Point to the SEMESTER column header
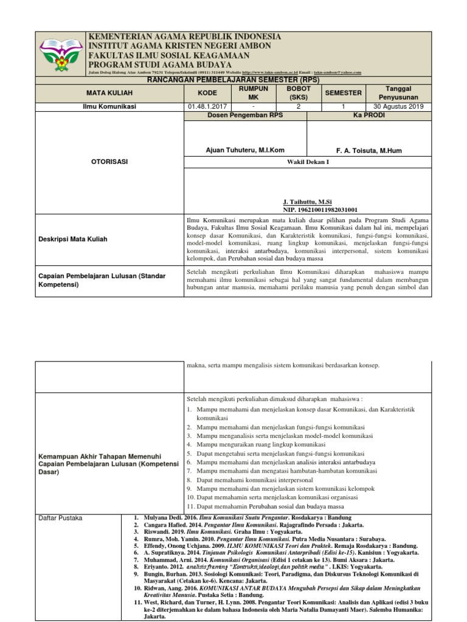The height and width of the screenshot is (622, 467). pyautogui.click(x=344, y=93)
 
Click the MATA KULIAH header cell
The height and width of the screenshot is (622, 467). pyautogui.click(x=109, y=93)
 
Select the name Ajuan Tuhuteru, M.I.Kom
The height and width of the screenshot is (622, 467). pyautogui.click(x=245, y=150)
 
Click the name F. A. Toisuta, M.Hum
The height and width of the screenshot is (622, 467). pyautogui.click(x=369, y=150)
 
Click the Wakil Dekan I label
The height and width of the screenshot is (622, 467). pyautogui.click(x=308, y=162)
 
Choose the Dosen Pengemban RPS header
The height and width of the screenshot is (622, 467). pyautogui.click(x=245, y=114)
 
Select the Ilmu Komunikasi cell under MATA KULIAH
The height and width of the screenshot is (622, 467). pyautogui.click(x=109, y=106)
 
